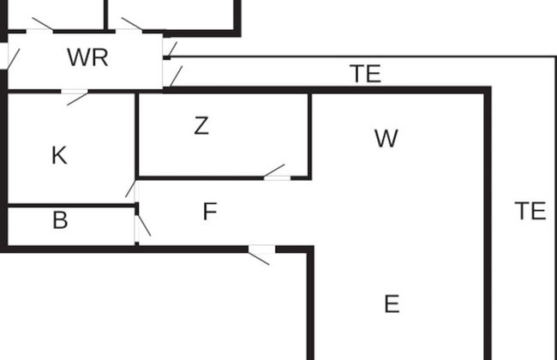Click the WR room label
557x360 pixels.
[x=87, y=58]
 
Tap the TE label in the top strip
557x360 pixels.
[x=365, y=74]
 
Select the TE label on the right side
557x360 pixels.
[x=530, y=210]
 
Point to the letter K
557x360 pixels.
[x=59, y=155]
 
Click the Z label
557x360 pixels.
[x=201, y=126]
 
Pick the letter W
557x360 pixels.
[x=386, y=138]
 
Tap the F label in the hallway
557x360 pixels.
[x=210, y=211]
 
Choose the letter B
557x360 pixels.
[x=60, y=220]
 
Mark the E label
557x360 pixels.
[x=392, y=303]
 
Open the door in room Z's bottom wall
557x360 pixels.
[x=276, y=177]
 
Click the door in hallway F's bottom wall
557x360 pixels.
[x=261, y=249]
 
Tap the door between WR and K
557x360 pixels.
[x=75, y=91]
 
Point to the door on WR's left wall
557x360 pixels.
[x=9, y=57]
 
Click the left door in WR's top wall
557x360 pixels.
[x=39, y=31]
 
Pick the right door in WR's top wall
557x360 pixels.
[x=129, y=31]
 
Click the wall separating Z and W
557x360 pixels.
[x=309, y=135]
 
